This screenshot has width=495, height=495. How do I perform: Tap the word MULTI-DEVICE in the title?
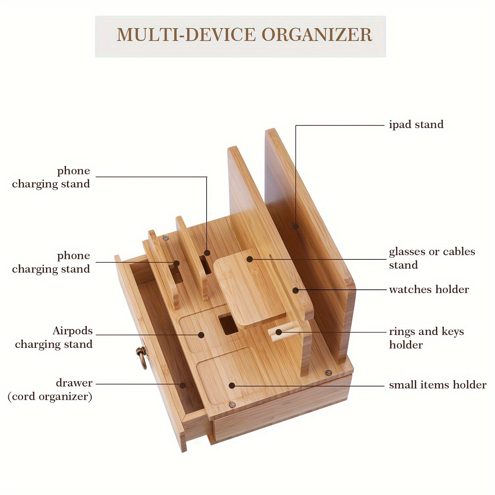coord(186,35)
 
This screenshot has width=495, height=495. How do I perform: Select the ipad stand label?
coord(416,125)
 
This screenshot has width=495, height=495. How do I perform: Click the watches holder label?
coord(429,290)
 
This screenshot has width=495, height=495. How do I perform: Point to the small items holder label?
coord(437,385)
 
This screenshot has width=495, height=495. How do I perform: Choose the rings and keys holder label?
coord(426,338)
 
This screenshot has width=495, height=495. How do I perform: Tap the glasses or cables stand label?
coord(432,258)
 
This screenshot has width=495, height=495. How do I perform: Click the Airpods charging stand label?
coord(54,337)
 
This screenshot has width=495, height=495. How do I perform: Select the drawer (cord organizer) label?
coord(50,390)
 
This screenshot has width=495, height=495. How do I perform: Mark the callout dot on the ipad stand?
coord(296,226)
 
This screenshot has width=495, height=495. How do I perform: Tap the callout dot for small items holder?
coord(232,385)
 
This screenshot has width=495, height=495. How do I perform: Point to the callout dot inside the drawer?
coord(182,385)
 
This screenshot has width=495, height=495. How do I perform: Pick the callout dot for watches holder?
coord(296,290)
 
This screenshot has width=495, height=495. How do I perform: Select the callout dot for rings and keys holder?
coord(279,332)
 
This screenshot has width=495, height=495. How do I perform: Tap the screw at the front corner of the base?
coord(233,405)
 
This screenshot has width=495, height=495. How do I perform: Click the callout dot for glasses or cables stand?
coord(250,259)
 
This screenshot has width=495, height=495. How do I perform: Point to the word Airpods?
coord(73,331)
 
